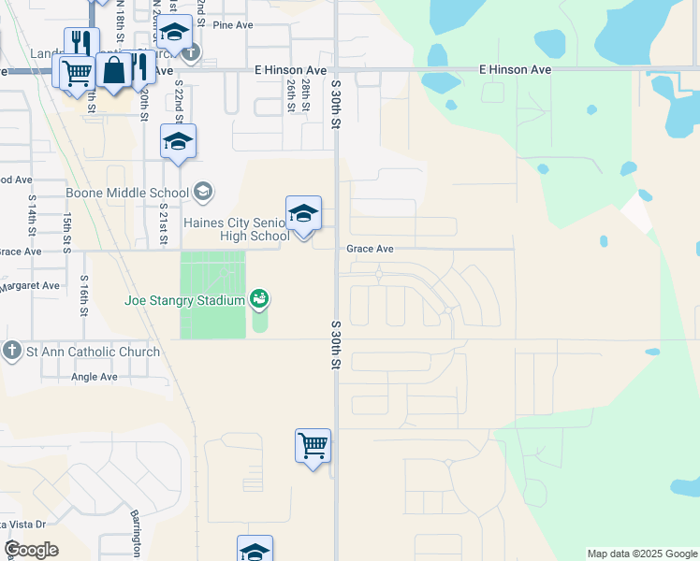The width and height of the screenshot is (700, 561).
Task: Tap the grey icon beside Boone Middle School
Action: point(202,193)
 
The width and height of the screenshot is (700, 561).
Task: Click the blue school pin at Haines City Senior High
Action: point(303,215)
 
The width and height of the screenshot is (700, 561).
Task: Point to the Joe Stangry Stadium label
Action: point(185,300)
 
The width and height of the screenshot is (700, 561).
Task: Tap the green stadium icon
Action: point(260,299)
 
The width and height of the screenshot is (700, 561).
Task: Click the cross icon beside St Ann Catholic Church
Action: point(11,352)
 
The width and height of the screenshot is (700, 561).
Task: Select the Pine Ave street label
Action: point(234,26)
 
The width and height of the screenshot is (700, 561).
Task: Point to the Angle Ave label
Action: point(95,378)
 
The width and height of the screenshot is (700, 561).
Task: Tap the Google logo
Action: point(32,550)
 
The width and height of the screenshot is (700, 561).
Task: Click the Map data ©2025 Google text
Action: point(641,554)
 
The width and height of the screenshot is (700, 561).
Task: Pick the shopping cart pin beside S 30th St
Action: point(313,446)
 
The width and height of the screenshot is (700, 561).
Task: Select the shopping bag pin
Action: point(113,72)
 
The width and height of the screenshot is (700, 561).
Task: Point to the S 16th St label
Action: point(84,295)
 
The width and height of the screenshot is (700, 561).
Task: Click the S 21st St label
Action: point(163,223)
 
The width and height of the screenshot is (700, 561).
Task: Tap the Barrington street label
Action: point(135,534)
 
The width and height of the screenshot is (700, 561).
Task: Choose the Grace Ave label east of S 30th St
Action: point(370,250)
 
